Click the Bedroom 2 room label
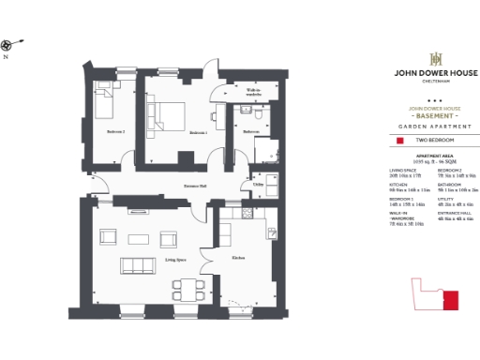coord(115,131)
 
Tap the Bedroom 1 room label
coord(197,132)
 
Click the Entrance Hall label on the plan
coord(195,186)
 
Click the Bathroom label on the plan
coord(250,132)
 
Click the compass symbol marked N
coord(8,45)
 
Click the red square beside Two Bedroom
coord(399,141)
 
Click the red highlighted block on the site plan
coord(451,301)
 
